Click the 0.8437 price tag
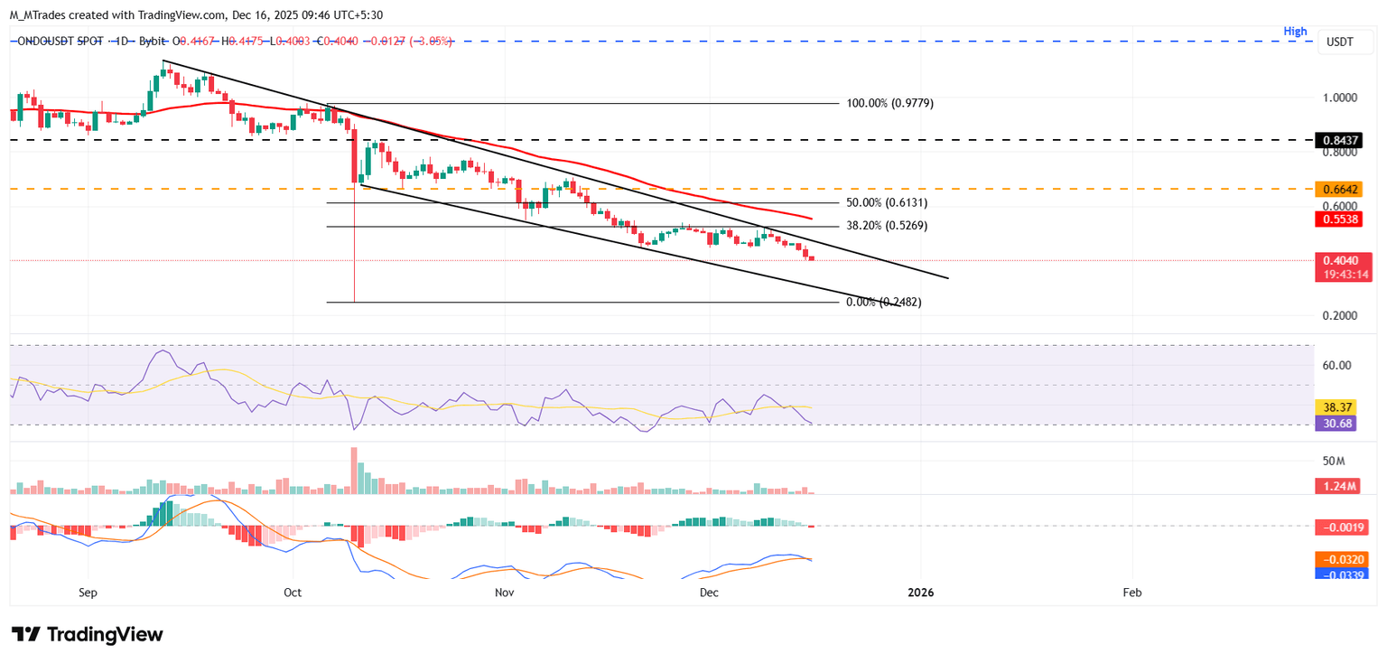pyautogui.click(x=1342, y=140)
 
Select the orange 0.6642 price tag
pyautogui.click(x=1342, y=189)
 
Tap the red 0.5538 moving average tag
pyautogui.click(x=1342, y=219)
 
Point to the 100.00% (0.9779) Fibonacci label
pyautogui.click(x=889, y=103)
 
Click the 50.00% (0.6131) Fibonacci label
pyautogui.click(x=884, y=203)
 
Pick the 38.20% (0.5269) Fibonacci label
pyautogui.click(x=884, y=226)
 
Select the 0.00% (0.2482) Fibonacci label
pyautogui.click(x=884, y=302)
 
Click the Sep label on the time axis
pyautogui.click(x=88, y=593)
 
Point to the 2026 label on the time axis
pyautogui.click(x=920, y=593)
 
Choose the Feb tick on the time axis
pyautogui.click(x=1131, y=593)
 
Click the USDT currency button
pyautogui.click(x=1340, y=41)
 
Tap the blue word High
pyautogui.click(x=1295, y=32)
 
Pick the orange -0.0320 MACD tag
pyautogui.click(x=1342, y=559)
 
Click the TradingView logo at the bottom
pyautogui.click(x=88, y=634)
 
